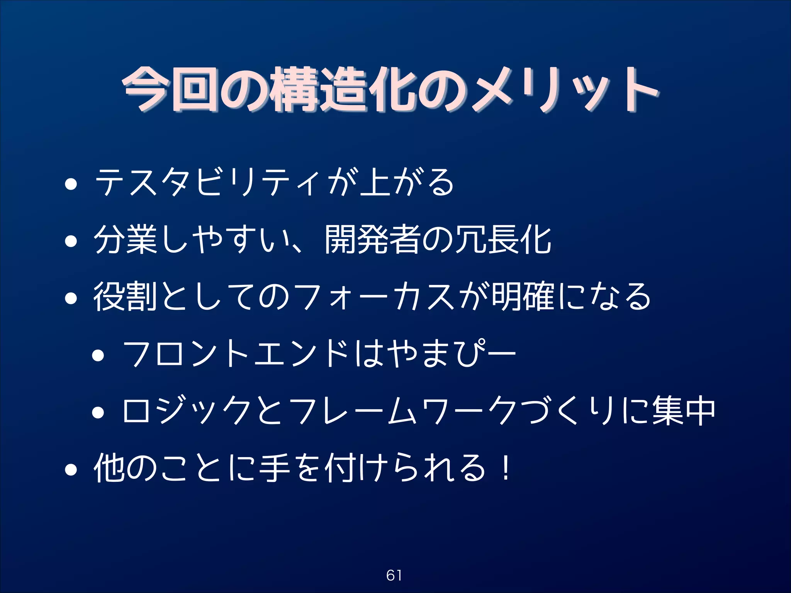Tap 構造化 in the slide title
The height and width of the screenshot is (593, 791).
(342, 90)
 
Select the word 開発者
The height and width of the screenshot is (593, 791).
(373, 240)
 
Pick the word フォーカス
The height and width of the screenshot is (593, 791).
(377, 296)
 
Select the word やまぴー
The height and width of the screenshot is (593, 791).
(452, 353)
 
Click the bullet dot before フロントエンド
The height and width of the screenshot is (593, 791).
(98, 356)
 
